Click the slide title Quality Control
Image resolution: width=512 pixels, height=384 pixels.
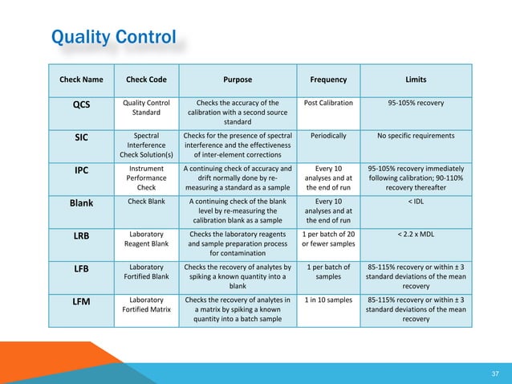(x=112, y=37)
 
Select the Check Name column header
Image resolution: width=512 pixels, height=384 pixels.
(x=82, y=80)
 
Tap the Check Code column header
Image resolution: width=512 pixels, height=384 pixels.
(x=146, y=80)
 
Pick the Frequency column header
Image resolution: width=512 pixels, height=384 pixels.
(x=328, y=80)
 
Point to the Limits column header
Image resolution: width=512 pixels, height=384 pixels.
(x=416, y=80)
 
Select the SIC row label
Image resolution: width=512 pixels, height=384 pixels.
(x=82, y=137)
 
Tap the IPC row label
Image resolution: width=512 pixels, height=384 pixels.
(x=82, y=170)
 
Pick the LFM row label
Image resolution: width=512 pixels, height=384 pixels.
(x=82, y=302)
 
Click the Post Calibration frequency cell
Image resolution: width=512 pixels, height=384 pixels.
(x=328, y=103)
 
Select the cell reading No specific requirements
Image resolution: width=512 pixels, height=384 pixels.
(x=416, y=136)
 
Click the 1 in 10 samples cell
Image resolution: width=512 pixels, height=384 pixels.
(x=328, y=300)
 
